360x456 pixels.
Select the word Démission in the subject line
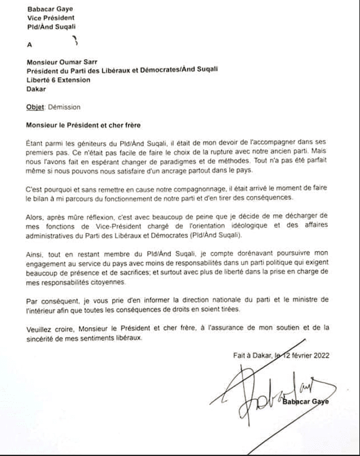tap(63, 107)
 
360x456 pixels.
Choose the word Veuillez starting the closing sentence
tap(40, 328)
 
